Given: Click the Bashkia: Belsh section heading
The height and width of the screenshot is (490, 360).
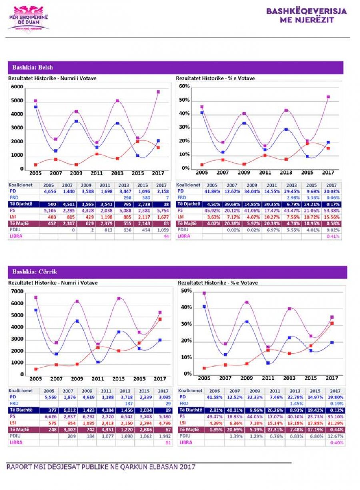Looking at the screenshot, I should coord(33,67).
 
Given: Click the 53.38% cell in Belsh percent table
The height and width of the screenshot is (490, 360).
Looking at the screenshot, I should coord(332,210).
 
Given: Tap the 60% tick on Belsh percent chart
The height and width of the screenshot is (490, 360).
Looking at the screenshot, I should coord(184,86).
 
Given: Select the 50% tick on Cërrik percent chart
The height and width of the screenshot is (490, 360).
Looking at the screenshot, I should coord(186,291).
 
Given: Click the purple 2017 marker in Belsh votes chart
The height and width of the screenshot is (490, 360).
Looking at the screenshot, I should coord(158,92).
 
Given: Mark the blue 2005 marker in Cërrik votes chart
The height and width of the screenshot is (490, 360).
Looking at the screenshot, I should coord(36,310).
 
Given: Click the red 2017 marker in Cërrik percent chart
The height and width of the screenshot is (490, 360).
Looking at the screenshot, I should coord(332,323).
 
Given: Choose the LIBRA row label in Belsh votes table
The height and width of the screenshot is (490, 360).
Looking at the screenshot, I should coord(16,236).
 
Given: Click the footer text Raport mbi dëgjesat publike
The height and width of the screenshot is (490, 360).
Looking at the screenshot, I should coord(101,467).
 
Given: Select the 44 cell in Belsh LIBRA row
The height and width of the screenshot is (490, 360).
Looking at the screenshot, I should coord(166,236).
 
